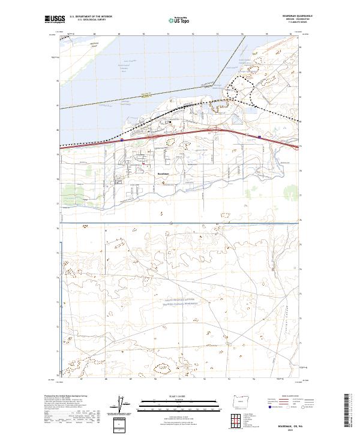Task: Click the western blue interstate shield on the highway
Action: [122, 139]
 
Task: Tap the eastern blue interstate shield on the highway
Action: [260, 137]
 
